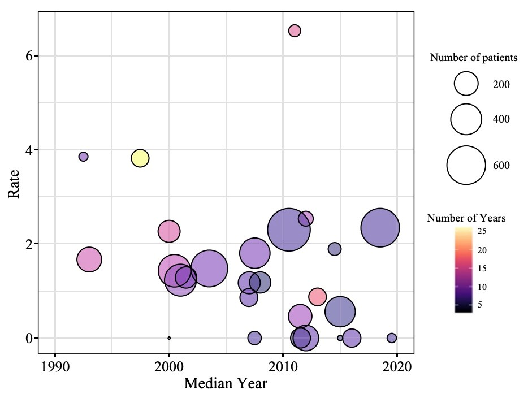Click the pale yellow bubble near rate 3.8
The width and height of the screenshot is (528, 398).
140,158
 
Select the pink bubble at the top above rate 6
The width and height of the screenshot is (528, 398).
295,31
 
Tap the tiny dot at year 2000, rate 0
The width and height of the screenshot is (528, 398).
169,338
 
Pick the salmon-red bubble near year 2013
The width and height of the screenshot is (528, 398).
318,296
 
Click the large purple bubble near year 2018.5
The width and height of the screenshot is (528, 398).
380,228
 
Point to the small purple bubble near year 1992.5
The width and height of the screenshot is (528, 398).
83,157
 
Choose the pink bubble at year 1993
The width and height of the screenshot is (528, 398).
89,260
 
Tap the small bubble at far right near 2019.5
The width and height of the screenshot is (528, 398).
392,338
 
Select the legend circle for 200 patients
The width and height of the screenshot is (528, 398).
466,84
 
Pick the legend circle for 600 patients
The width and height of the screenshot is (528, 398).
466,165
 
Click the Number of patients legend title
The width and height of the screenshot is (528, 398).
474,58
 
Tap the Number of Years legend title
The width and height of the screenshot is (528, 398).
466,218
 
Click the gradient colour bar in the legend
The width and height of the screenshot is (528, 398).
462,269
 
